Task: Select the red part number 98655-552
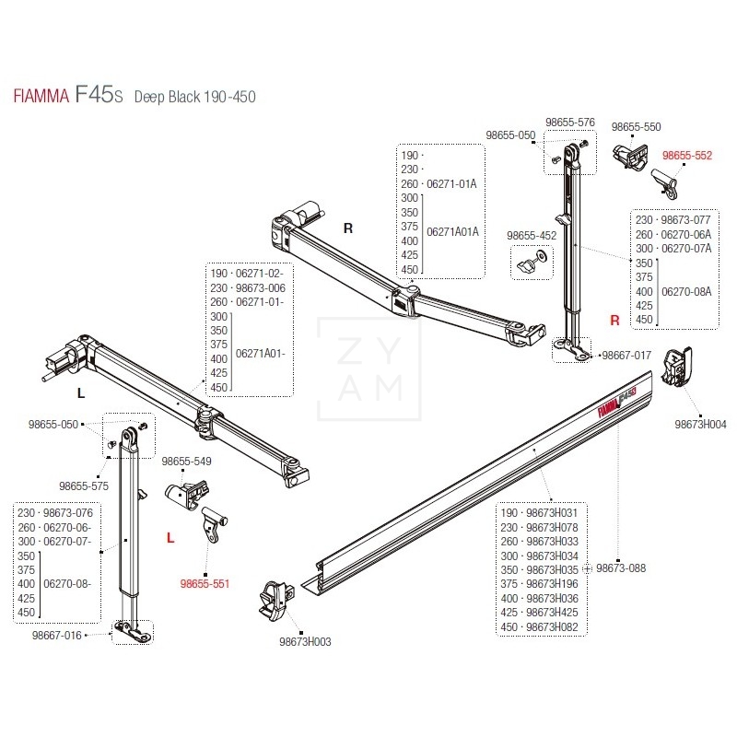pyautogui.click(x=687, y=156)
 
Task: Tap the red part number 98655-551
pyautogui.click(x=205, y=583)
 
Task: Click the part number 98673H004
pyautogui.click(x=699, y=425)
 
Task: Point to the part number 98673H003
pyautogui.click(x=304, y=641)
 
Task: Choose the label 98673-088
pyautogui.click(x=620, y=568)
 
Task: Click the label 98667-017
pyautogui.click(x=626, y=355)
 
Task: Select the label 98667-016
pyautogui.click(x=58, y=635)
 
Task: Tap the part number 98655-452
pyautogui.click(x=532, y=236)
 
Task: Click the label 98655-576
pyautogui.click(x=570, y=122)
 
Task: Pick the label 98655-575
pyautogui.click(x=84, y=485)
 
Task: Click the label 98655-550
pyautogui.click(x=637, y=126)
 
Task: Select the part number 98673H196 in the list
pyautogui.click(x=552, y=583)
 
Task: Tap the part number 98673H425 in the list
pyautogui.click(x=552, y=612)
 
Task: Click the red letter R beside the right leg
pyautogui.click(x=614, y=320)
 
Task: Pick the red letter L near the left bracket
pyautogui.click(x=170, y=537)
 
